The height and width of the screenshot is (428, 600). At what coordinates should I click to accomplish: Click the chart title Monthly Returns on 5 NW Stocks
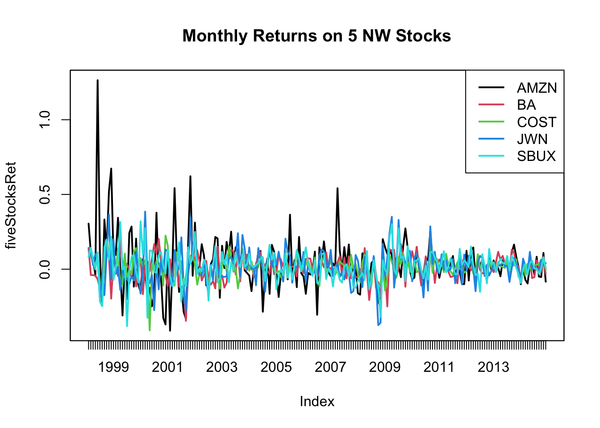(x=317, y=36)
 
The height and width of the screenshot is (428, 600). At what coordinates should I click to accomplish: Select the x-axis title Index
(x=317, y=402)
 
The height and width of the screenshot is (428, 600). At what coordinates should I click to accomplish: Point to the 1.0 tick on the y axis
(x=45, y=119)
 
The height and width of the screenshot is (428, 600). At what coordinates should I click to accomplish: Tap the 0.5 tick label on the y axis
(x=45, y=194)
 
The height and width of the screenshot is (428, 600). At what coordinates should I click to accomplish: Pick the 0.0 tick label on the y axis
(x=45, y=269)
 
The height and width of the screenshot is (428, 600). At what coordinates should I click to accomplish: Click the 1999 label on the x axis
(x=113, y=367)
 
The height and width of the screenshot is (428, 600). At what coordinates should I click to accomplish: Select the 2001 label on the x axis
(x=167, y=367)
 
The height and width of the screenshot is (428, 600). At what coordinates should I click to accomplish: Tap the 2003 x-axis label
(x=222, y=367)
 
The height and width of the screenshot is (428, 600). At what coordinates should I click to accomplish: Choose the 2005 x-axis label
(x=276, y=367)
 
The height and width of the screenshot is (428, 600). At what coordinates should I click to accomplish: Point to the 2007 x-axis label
(x=330, y=367)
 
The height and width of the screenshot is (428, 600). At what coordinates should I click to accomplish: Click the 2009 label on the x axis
(x=385, y=367)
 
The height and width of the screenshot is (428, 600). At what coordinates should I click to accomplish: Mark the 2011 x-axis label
(x=439, y=367)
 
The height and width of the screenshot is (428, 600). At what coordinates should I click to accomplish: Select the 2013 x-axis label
(x=493, y=367)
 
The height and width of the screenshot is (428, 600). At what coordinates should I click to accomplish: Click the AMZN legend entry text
(x=537, y=88)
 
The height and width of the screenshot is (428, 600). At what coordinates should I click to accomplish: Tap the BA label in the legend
(x=526, y=105)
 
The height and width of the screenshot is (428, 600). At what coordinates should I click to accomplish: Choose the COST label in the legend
(x=537, y=122)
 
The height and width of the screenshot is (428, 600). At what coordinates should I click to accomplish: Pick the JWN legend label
(x=532, y=139)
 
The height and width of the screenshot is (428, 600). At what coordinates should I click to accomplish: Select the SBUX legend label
(x=536, y=156)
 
